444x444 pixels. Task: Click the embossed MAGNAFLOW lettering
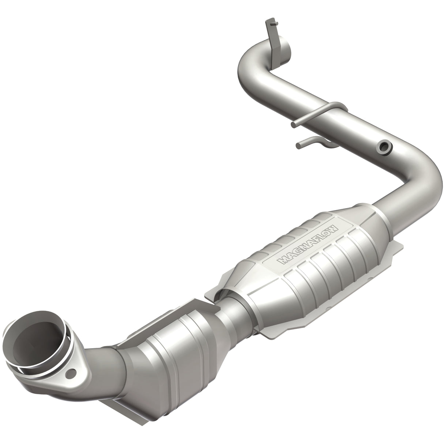[309, 244]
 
